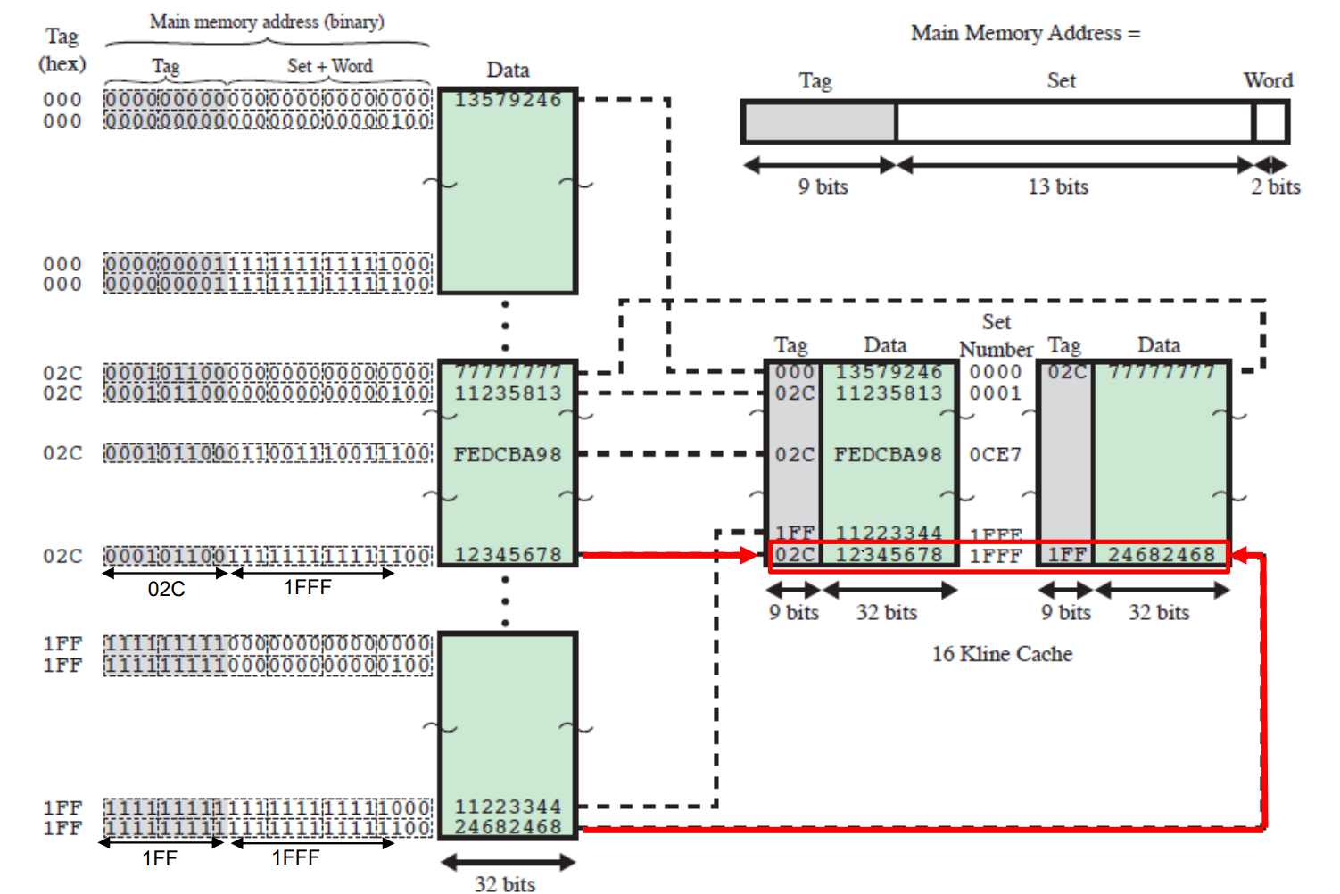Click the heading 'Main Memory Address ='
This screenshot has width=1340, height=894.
click(x=1025, y=33)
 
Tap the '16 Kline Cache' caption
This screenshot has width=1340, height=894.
click(x=1002, y=654)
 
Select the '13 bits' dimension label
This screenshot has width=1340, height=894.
click(x=1058, y=186)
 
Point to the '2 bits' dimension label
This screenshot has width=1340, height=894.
click(x=1275, y=186)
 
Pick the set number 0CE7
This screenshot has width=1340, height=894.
click(x=996, y=455)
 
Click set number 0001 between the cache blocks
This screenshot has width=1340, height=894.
click(x=996, y=393)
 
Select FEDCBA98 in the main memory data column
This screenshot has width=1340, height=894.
click(x=508, y=455)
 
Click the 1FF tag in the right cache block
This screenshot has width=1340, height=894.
click(x=1066, y=555)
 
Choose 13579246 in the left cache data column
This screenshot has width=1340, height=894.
click(x=889, y=372)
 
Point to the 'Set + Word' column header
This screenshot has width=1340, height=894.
click(x=330, y=66)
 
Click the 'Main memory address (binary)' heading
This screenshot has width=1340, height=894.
click(x=267, y=21)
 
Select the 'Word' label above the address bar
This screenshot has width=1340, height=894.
click(x=1268, y=80)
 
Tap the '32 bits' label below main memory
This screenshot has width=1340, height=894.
click(x=505, y=884)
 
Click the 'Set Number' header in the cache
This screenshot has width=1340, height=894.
click(x=996, y=335)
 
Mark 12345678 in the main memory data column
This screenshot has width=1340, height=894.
click(x=508, y=555)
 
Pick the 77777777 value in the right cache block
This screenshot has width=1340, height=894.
click(x=1162, y=372)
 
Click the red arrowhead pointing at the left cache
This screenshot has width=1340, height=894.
click(x=748, y=555)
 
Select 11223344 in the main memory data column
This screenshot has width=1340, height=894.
click(x=508, y=807)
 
